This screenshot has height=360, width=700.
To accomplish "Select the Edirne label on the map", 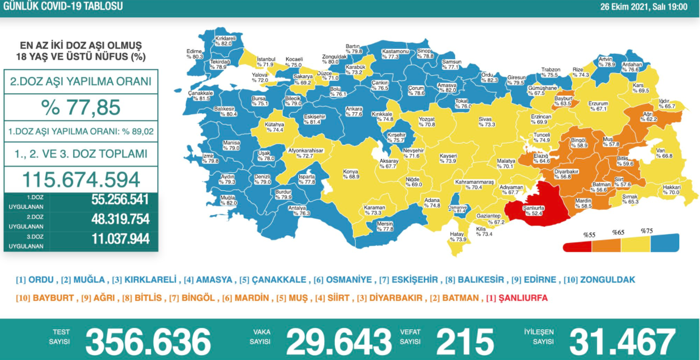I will tap(194, 53).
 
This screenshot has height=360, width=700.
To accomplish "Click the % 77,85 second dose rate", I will tap(81, 107).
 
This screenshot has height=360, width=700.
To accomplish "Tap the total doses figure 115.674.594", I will tap(81, 180).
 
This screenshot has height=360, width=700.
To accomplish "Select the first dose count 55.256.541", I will tap(120, 200).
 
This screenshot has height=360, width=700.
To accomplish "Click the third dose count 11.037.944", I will tap(120, 238).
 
